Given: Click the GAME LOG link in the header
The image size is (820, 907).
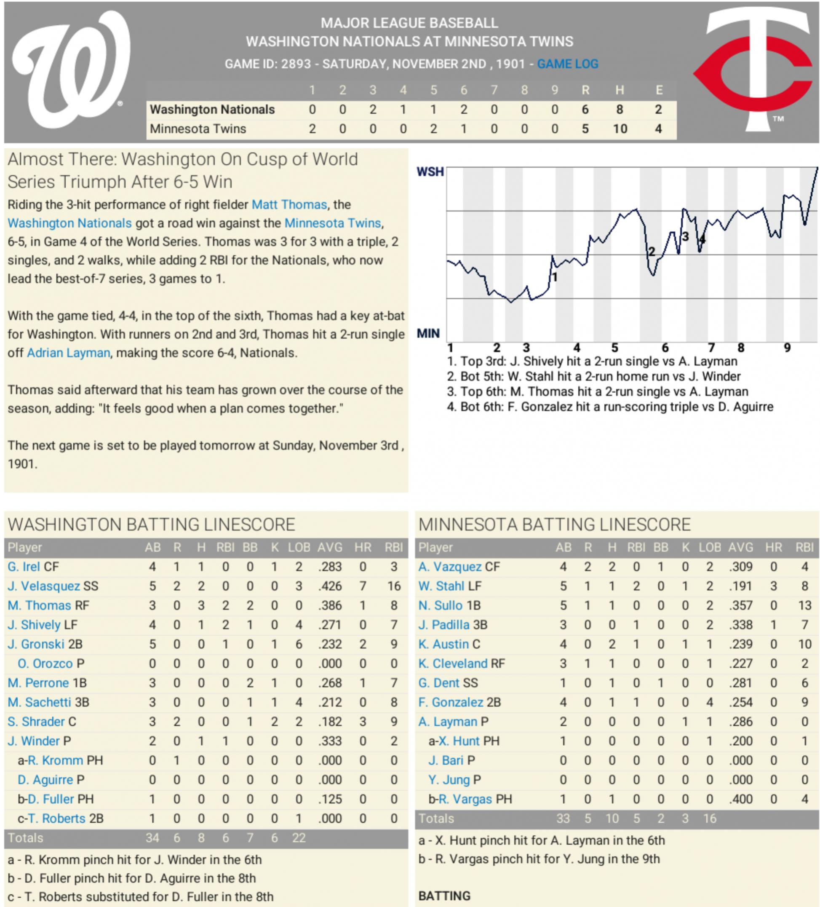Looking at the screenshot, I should [567, 64].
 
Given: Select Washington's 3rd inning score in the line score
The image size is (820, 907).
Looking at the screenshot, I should [372, 110].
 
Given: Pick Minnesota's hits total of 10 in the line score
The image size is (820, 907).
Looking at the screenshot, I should [620, 129].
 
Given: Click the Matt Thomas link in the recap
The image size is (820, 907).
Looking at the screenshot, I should [289, 205].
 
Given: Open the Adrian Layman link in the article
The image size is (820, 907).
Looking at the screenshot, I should [68, 353].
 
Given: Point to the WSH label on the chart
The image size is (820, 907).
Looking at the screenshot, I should [430, 172].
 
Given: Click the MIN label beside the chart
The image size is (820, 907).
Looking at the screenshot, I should [428, 333].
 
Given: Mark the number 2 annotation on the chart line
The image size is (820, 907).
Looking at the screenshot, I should [651, 251].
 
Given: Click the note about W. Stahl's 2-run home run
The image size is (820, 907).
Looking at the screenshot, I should [593, 377].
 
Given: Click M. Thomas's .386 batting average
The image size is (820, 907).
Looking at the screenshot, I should [330, 605].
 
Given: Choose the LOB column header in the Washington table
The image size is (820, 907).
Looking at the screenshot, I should [299, 548].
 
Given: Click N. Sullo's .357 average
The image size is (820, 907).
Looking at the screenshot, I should [740, 605].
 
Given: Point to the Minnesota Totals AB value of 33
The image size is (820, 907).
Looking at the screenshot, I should [563, 819].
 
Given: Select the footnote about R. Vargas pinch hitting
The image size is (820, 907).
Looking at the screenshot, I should [539, 859].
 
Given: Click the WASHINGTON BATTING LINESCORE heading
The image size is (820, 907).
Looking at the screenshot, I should [151, 524].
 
